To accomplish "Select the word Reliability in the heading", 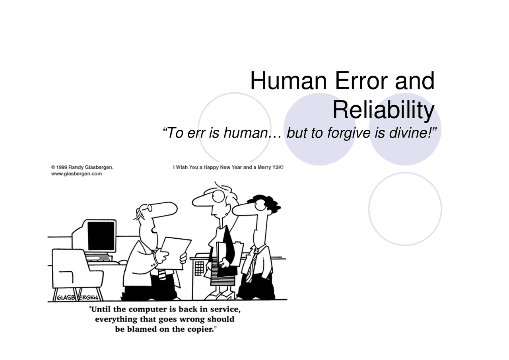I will [x=383, y=110].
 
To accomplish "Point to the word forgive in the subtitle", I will [x=348, y=133].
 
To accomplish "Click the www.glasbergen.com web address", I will [x=76, y=174].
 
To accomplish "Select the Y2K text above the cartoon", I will [x=277, y=167].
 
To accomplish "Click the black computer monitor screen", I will [x=101, y=236].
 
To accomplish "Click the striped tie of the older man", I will [x=162, y=274].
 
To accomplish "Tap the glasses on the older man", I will [x=148, y=208].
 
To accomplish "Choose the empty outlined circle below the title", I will [x=405, y=209].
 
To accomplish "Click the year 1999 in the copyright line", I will [x=62, y=167].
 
